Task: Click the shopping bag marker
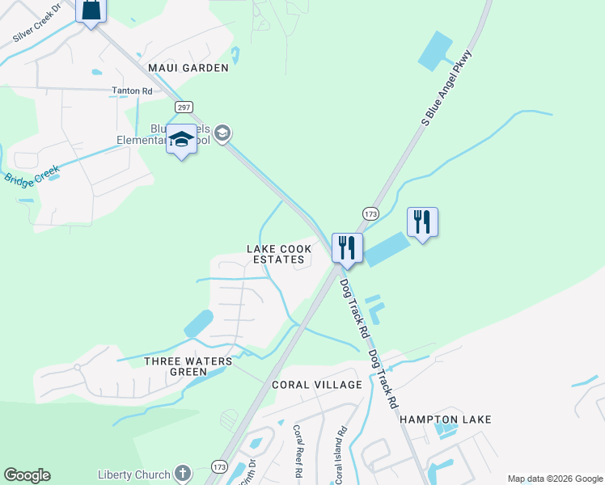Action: [91, 11]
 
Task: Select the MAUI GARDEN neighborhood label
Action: [188, 68]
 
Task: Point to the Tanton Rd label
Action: [132, 91]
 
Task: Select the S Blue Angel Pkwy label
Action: [446, 87]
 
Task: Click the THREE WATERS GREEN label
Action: [188, 366]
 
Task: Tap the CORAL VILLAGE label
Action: [314, 384]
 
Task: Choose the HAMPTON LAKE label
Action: [446, 420]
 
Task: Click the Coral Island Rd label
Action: [341, 455]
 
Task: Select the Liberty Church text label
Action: [133, 474]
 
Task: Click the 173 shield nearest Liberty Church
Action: [219, 467]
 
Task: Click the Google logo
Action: [27, 475]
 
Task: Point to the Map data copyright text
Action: [554, 479]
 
